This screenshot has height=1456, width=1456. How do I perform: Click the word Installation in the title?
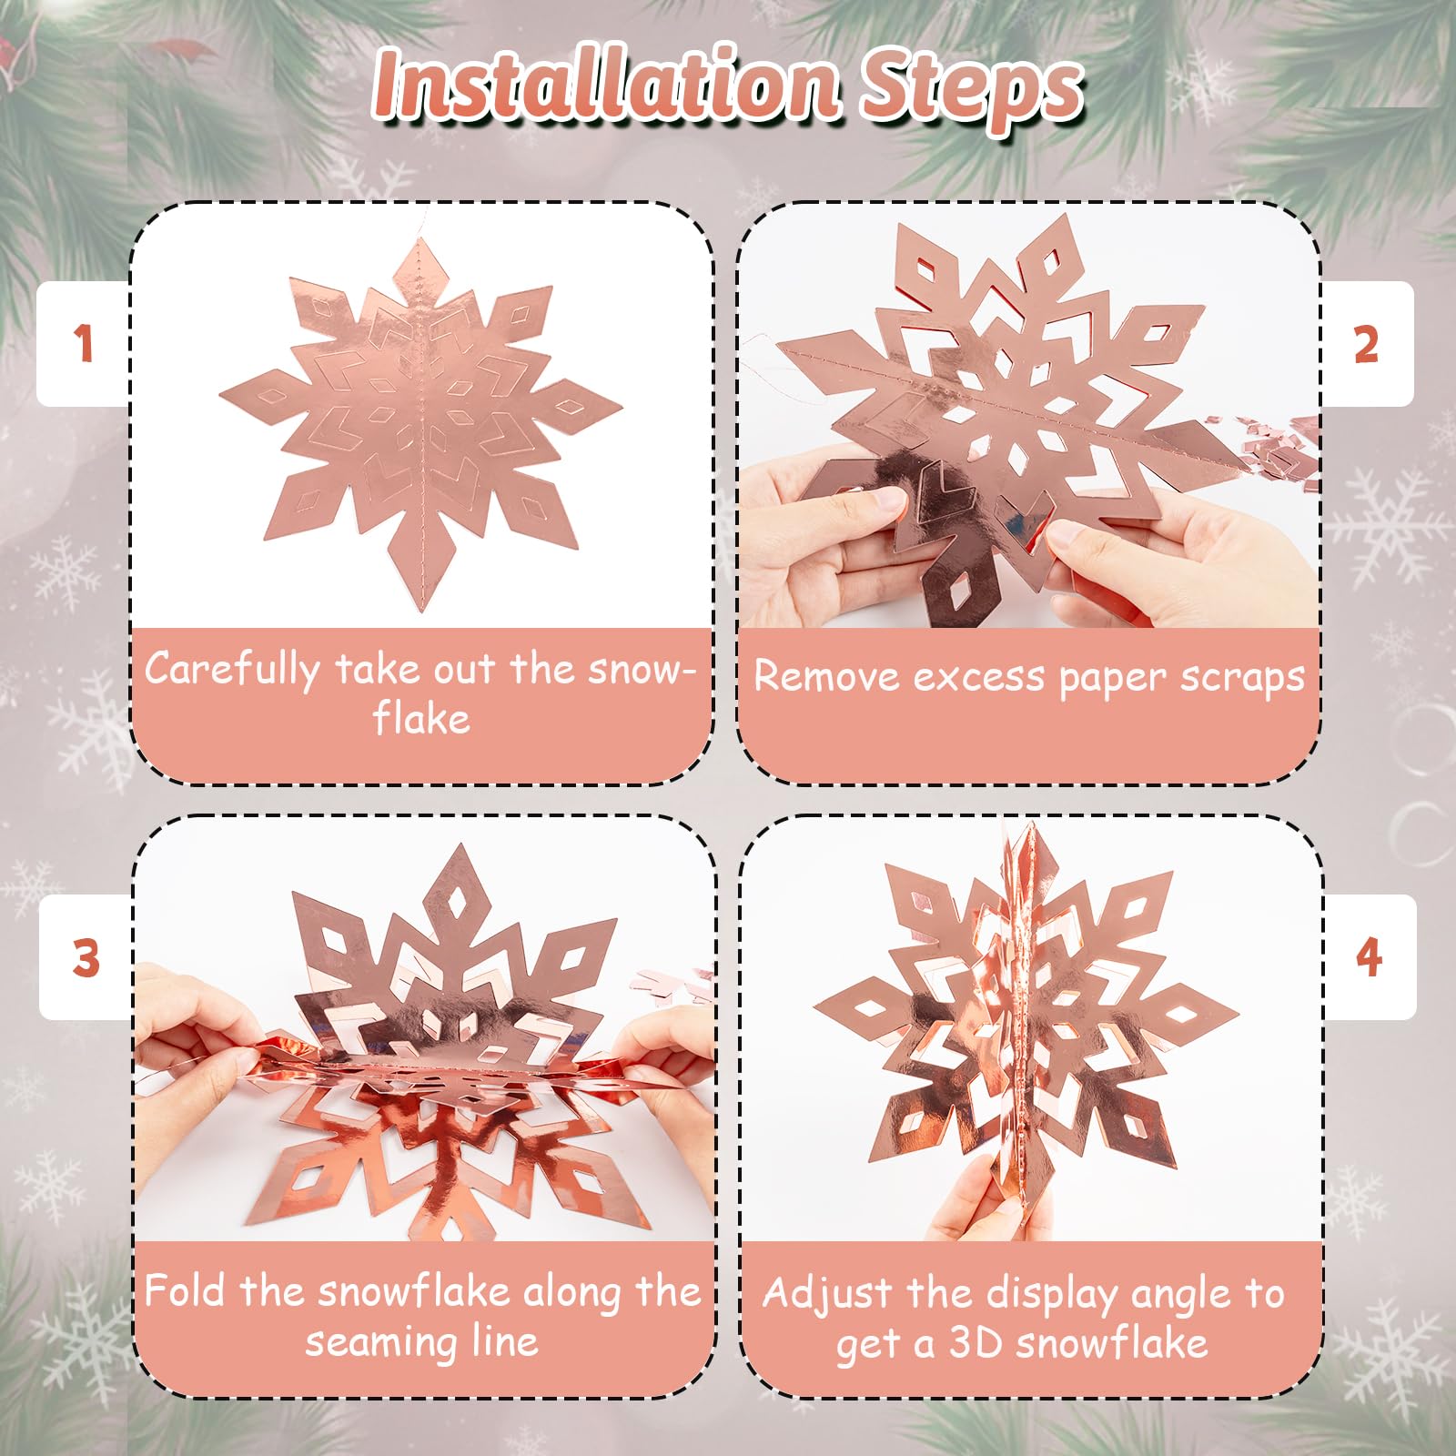(605, 86)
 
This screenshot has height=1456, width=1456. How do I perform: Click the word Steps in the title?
(972, 91)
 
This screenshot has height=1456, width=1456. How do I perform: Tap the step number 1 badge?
(84, 344)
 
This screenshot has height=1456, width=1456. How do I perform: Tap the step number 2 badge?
(1367, 345)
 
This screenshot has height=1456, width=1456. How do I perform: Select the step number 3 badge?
(86, 957)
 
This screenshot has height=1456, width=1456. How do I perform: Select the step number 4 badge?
(1369, 957)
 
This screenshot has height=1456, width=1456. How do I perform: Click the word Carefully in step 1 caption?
(231, 670)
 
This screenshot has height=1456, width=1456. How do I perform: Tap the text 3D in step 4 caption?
(976, 1343)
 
